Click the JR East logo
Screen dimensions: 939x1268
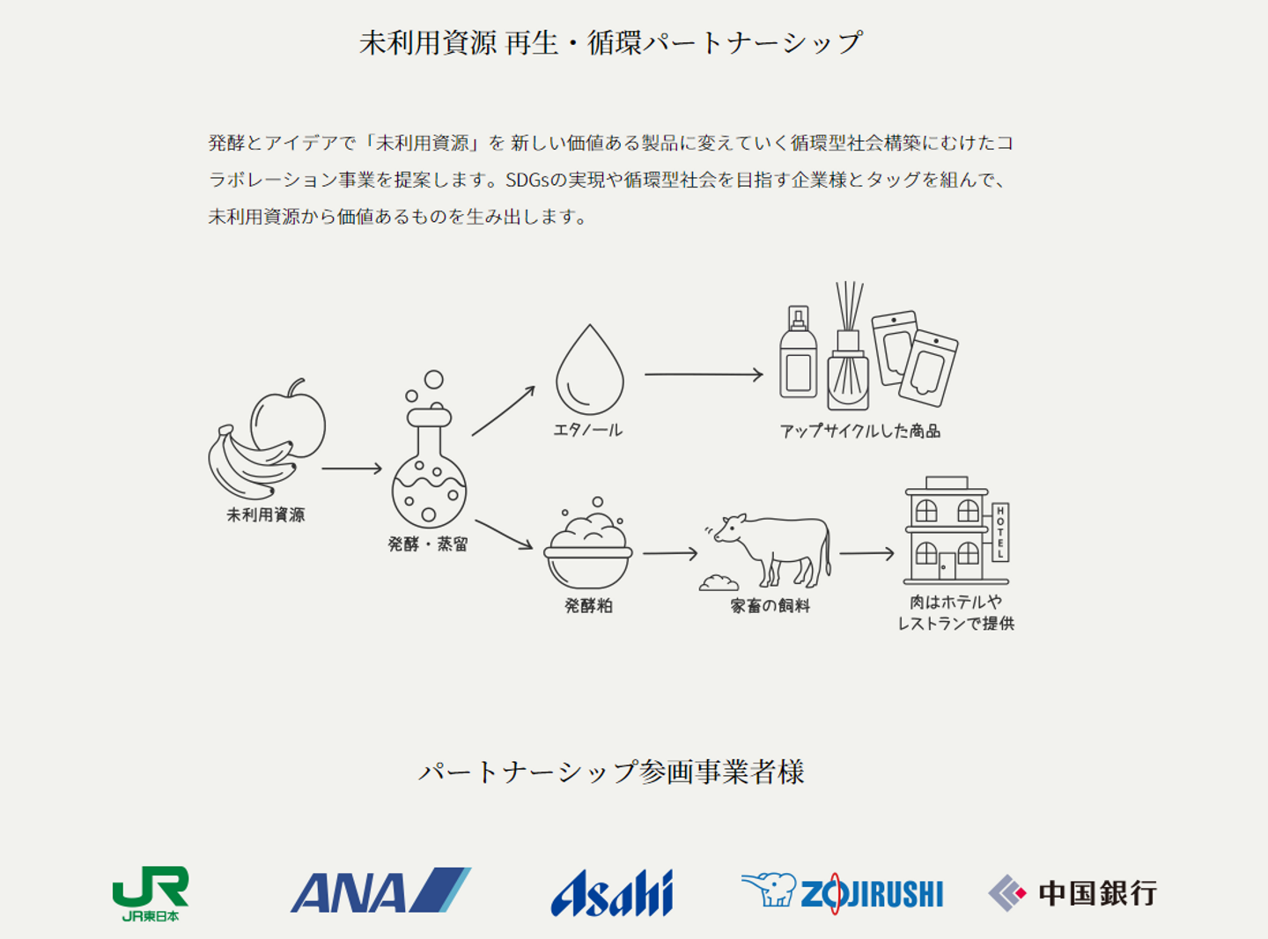point(151,892)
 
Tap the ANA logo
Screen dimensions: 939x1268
point(380,891)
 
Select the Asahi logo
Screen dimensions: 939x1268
point(612,893)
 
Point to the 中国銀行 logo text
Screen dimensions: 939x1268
point(1097,893)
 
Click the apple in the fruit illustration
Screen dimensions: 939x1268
point(290,421)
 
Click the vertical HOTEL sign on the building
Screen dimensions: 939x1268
point(1000,532)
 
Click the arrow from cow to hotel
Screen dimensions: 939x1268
point(866,553)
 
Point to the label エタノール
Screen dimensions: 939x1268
point(587,430)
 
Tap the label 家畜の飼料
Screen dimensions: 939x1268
point(770,606)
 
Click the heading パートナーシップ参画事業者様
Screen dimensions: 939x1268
point(611,772)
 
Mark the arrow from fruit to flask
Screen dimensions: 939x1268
point(351,469)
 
